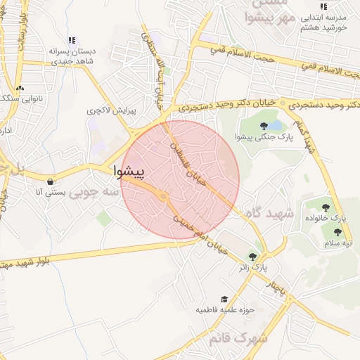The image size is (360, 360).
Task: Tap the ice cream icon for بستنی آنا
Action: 50,181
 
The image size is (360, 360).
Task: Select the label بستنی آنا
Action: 51,192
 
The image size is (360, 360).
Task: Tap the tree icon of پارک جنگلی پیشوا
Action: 264,126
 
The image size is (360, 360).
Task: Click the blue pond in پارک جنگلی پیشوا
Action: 274,124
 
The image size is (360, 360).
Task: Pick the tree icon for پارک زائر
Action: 252,257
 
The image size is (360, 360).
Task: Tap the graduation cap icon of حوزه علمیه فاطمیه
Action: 224,300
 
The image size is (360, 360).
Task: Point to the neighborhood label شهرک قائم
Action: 239,338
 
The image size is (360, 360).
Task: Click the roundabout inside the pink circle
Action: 163,197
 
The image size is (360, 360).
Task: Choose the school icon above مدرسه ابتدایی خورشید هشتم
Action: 323,6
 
